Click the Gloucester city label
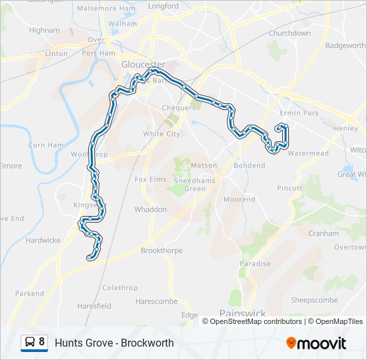pos(143,65)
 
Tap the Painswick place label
pos(242,313)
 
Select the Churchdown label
pos(290,33)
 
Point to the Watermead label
pos(308,153)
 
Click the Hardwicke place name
pos(43,240)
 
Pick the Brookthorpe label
pos(161,251)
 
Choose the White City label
pos(161,134)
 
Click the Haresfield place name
pos(94,306)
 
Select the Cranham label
pos(324,234)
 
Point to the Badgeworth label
pos(344,45)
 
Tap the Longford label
pos(163,6)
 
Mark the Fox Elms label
pos(150,179)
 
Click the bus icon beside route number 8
pos(30,343)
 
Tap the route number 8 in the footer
pos(42,343)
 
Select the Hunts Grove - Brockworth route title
pos(114,343)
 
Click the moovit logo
pos(316,343)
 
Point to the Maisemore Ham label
pos(106,9)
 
